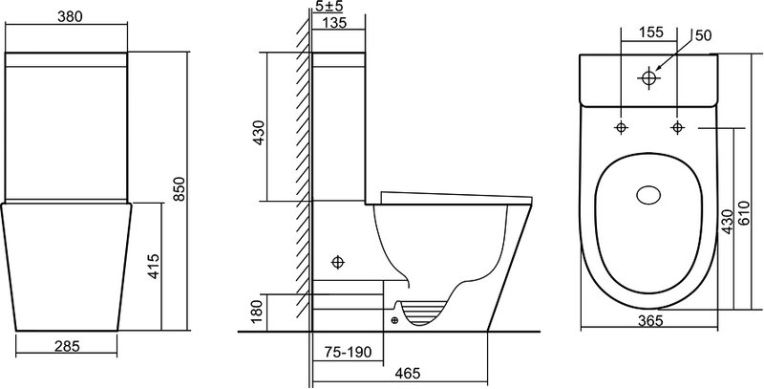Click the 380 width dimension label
70,16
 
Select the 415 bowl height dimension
154,266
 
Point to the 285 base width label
67,346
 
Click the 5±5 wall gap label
329,7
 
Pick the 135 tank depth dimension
334,22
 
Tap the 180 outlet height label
256,311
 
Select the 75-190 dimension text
348,352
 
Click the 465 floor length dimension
408,373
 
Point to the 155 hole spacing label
651,32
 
